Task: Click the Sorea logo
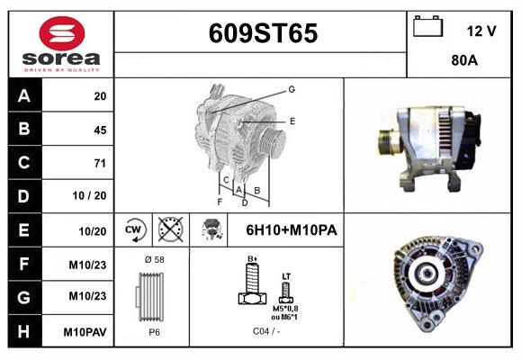61,43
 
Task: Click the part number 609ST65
263,34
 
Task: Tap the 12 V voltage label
481,31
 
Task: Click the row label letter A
24,96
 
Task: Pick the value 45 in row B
99,130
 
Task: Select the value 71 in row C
99,163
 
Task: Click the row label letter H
24,331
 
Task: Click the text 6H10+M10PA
291,230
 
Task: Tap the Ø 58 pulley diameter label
153,259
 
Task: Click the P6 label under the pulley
153,330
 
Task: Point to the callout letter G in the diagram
292,89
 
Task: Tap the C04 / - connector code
265,331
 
